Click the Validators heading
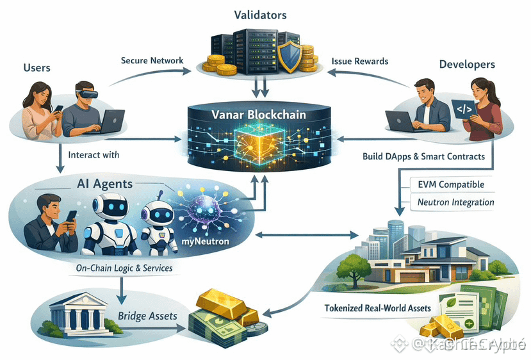tap(260, 13)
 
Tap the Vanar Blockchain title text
tap(259, 115)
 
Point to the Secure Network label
tap(152, 61)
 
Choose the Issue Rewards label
tap(359, 61)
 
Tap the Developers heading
tap(467, 64)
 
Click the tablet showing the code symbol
tap(464, 110)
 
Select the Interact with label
tap(93, 155)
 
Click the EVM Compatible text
tap(450, 184)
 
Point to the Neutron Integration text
tap(455, 202)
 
